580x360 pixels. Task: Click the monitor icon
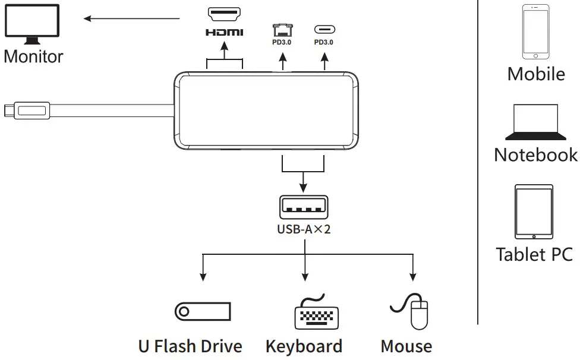[32, 23]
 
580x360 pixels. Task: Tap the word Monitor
[33, 56]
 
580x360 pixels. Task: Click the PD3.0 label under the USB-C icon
[324, 43]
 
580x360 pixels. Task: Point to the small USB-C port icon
[324, 30]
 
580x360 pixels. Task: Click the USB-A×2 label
[304, 229]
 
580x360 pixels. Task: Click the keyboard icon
[316, 312]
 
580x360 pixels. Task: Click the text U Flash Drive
[190, 346]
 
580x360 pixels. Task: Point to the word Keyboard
[304, 346]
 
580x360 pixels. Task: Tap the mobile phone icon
[535, 32]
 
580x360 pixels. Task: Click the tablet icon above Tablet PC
[534, 211]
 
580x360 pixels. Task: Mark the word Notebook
[535, 154]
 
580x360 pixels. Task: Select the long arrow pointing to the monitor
[131, 18]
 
